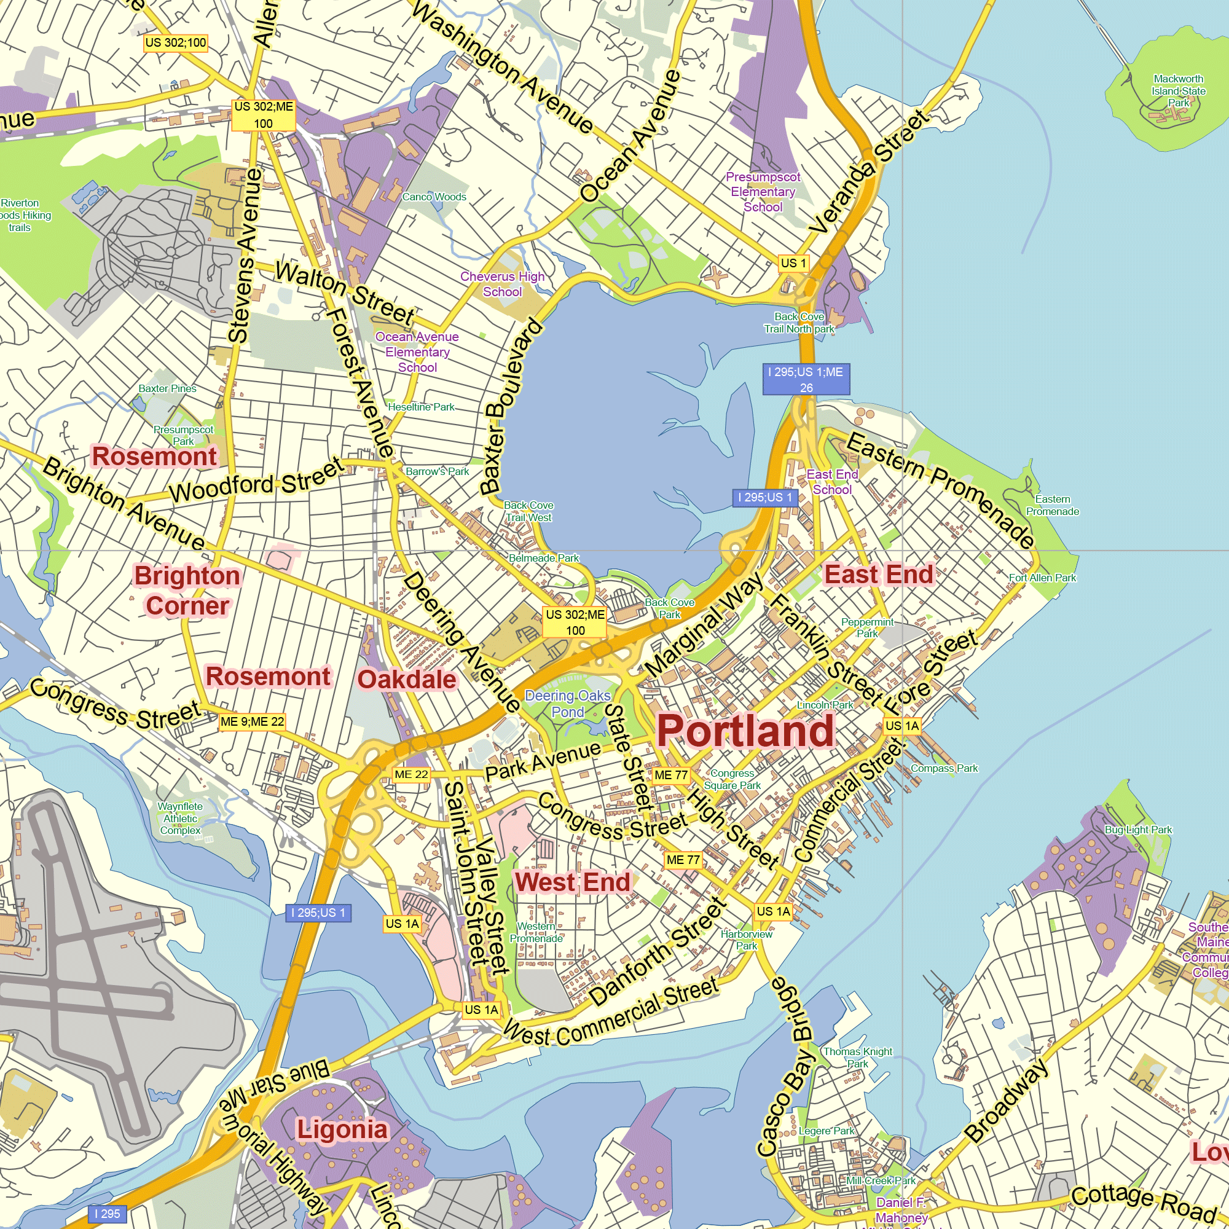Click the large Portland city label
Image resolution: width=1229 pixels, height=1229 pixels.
click(745, 731)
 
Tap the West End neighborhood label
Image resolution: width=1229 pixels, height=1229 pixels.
click(573, 882)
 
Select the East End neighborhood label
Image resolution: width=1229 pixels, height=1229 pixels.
click(879, 575)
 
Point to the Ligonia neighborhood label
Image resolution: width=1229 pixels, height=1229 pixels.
click(342, 1131)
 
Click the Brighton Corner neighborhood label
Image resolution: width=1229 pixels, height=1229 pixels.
click(187, 591)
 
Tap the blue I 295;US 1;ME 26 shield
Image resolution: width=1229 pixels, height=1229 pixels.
click(806, 379)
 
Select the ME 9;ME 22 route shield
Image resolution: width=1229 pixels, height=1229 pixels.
click(252, 721)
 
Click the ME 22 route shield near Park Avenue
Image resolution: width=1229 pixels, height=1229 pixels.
click(411, 774)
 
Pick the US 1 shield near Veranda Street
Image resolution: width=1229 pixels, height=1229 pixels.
click(793, 263)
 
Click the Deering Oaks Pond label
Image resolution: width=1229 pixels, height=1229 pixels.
click(567, 704)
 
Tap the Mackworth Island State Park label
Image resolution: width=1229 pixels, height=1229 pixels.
click(1178, 90)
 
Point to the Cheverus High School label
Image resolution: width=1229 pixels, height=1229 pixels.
click(502, 284)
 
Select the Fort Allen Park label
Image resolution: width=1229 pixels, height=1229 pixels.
click(1042, 578)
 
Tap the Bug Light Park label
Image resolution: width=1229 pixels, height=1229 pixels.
click(1138, 830)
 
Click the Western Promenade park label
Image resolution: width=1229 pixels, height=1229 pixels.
click(536, 932)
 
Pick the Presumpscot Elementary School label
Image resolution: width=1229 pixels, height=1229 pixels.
click(763, 192)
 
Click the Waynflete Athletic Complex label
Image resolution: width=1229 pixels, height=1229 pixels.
click(180, 818)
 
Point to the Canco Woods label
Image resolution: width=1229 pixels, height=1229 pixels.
click(434, 197)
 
